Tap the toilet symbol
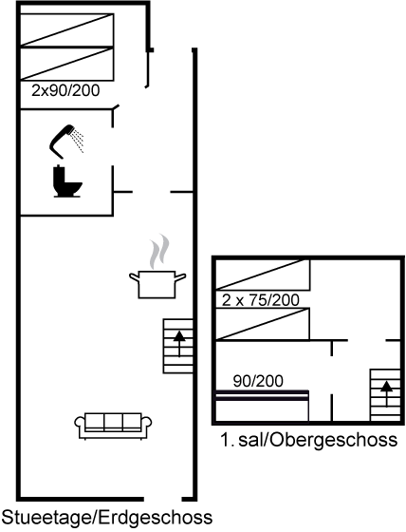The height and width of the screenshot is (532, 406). point(67,181)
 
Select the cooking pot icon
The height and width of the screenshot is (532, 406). point(157,284)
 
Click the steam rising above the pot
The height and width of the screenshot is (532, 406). point(159,251)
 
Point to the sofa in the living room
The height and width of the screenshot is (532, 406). point(113,426)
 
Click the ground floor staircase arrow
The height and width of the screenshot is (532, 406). point(179,344)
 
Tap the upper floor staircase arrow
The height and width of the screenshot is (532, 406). point(386,394)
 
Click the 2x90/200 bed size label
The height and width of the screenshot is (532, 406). point(65,90)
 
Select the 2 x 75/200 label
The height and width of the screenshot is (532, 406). point(261,300)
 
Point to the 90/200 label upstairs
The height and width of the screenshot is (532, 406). point(258,381)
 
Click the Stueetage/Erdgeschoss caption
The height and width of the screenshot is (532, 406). point(107,519)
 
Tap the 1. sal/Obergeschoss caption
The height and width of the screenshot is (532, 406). point(308,440)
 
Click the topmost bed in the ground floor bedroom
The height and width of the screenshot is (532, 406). point(66,29)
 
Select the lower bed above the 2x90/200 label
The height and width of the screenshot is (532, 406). point(66,64)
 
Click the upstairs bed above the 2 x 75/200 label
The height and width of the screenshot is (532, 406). point(263,275)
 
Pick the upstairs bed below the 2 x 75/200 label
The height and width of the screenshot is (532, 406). point(263,324)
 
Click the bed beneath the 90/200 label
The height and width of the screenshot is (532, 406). point(262,406)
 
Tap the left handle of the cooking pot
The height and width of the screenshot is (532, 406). point(134,277)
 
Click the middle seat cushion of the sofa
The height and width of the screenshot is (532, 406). point(113,422)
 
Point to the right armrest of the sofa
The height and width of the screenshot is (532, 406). point(146,423)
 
